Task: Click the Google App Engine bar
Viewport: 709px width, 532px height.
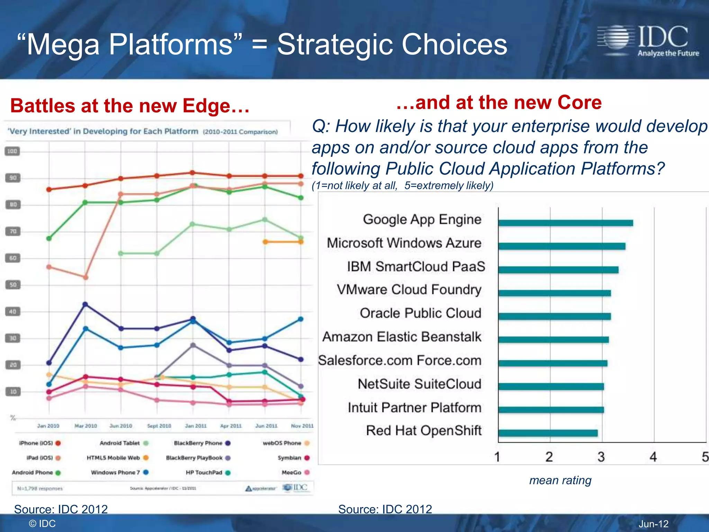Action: pos(565,223)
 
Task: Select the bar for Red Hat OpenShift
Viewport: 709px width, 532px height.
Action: pos(548,433)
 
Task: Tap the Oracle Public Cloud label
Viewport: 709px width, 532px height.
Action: pos(420,313)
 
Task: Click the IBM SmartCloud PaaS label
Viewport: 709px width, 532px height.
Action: pos(416,267)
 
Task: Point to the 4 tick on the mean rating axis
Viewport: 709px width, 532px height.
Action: pos(653,457)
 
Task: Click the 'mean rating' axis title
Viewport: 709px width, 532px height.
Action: pos(560,480)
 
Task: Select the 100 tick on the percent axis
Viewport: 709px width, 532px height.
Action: pos(12,151)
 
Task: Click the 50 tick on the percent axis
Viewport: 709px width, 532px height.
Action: pos(13,285)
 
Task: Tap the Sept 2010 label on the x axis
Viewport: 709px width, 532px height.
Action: pos(159,426)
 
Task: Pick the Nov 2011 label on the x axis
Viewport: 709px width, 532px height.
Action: pos(302,426)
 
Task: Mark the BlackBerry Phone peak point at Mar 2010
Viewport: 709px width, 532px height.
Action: pos(85,304)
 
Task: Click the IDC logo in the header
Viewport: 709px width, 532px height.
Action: pos(648,41)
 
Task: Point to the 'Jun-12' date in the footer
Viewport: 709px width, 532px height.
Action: pos(653,524)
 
